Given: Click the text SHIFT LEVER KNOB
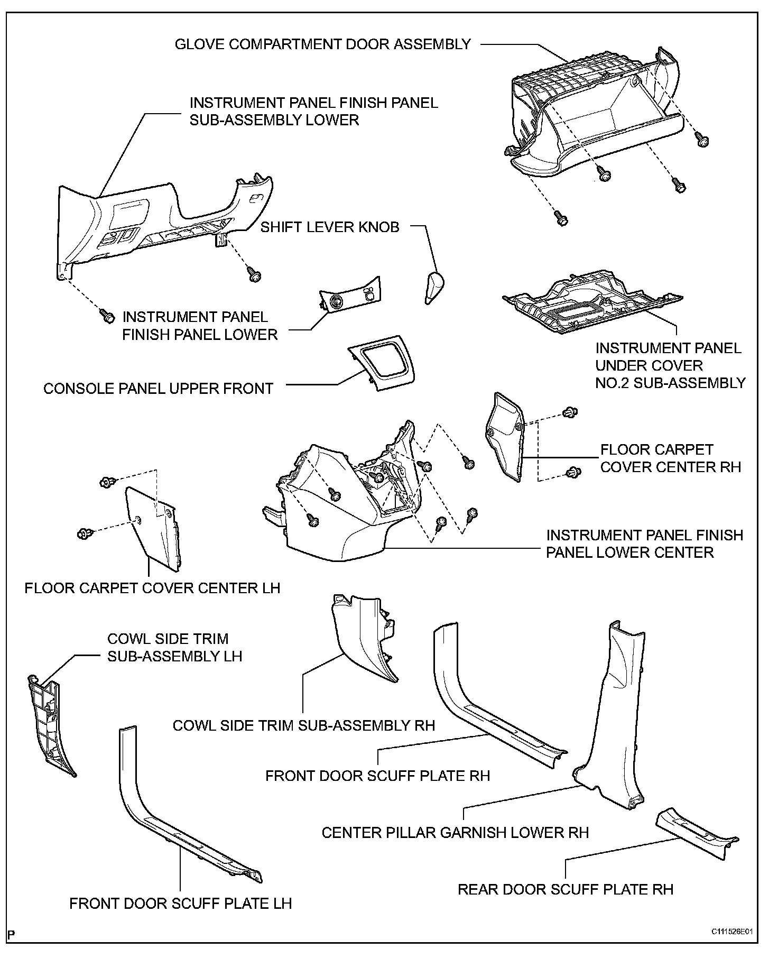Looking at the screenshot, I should pyautogui.click(x=330, y=227).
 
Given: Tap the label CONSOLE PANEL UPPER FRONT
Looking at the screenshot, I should pyautogui.click(x=158, y=389).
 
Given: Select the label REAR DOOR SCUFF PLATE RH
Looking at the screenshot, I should pyautogui.click(x=565, y=889).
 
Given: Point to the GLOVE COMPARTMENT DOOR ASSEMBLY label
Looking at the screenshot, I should pyautogui.click(x=322, y=44).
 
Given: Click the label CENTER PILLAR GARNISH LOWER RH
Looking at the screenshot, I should pyautogui.click(x=455, y=833).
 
